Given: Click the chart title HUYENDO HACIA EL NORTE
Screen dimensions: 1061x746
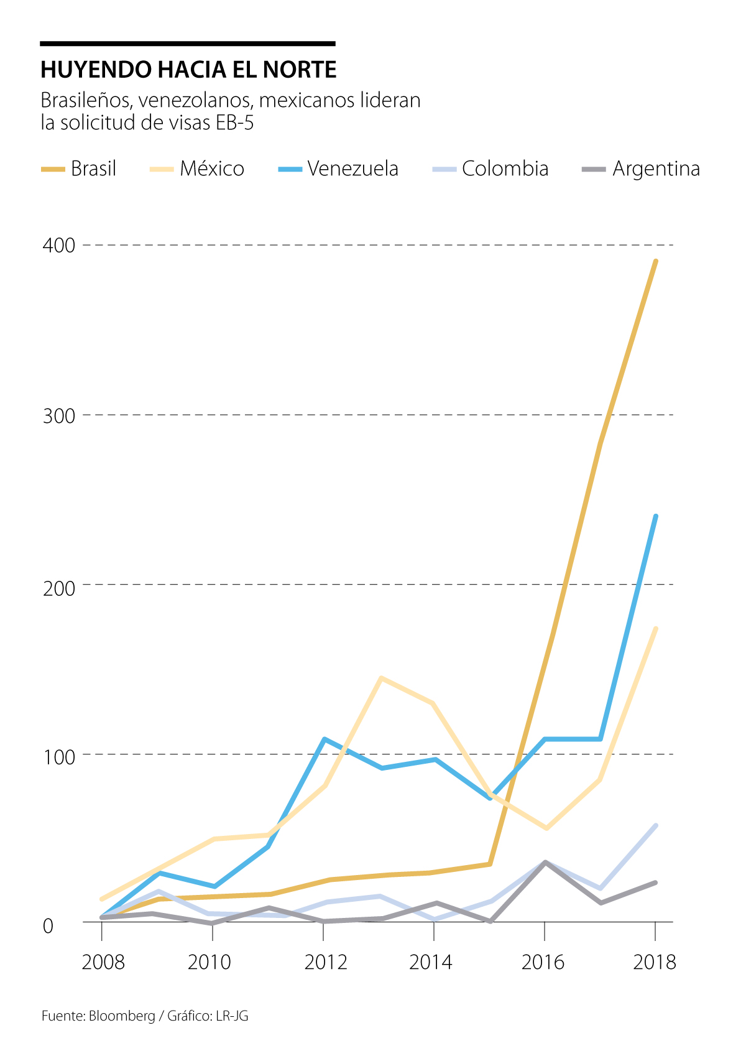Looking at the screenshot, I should [x=188, y=70].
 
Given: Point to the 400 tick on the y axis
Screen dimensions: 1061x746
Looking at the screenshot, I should [x=58, y=245].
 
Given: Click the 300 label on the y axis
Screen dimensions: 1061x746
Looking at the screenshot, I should [x=58, y=415].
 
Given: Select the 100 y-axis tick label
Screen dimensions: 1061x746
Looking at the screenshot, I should [x=58, y=757].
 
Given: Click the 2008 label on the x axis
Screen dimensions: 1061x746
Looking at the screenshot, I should [x=103, y=962].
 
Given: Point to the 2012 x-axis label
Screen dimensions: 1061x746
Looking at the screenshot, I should [x=325, y=962].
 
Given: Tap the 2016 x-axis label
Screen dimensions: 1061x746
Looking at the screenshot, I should [x=543, y=962].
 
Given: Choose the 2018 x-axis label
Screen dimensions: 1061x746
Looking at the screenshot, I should [x=654, y=962].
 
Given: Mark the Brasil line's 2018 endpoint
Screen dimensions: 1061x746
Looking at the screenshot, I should [x=656, y=261].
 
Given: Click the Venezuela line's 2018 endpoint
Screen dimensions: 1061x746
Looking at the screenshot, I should [x=656, y=516].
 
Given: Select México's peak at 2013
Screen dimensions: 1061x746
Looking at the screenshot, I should [x=381, y=678].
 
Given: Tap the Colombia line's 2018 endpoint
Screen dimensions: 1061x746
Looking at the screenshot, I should [x=656, y=825].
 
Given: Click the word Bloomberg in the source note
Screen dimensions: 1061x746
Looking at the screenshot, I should [x=122, y=1016].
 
